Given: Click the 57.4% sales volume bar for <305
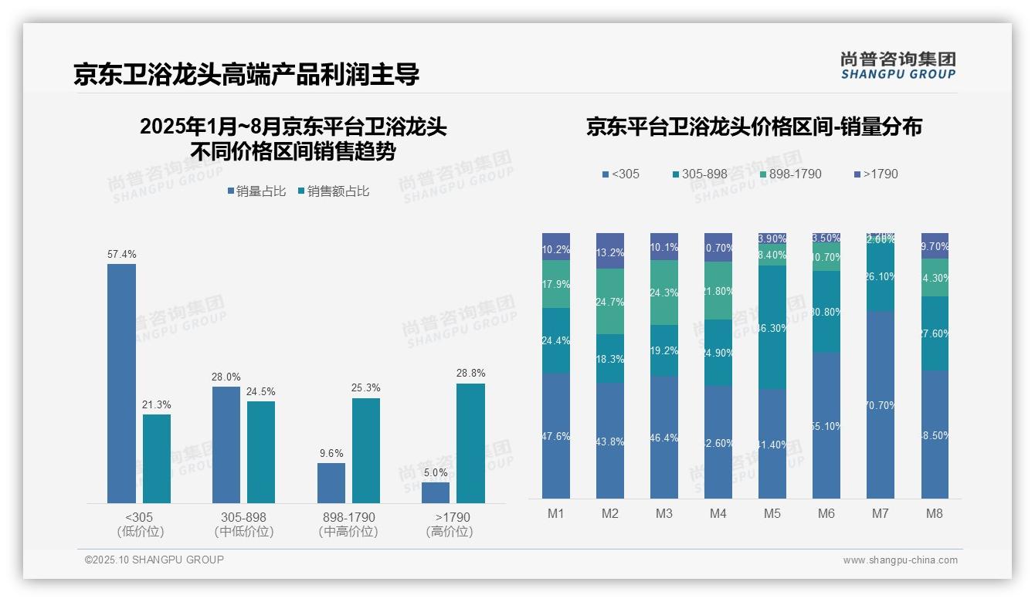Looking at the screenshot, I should point(121,384).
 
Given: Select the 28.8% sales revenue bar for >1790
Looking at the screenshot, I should point(470,443).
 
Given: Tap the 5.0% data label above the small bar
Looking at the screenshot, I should point(436,472).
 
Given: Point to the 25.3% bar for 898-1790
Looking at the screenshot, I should point(366,451).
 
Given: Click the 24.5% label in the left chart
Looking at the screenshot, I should point(261,391).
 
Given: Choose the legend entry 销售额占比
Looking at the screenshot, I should point(333,191).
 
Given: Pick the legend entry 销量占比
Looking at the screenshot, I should point(256,191).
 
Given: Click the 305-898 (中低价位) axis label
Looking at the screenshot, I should point(243,524).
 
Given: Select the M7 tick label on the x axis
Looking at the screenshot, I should point(880,513).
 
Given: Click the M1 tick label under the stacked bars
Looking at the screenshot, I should point(555,513).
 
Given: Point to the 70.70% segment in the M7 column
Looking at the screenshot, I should point(880,404).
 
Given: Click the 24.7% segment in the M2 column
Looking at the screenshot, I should point(609,301).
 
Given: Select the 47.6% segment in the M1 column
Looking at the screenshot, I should point(555,436).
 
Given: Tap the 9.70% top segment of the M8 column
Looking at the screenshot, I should point(934,245).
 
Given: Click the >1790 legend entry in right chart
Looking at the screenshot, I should point(875,174).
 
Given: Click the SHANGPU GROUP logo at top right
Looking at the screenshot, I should point(898,66).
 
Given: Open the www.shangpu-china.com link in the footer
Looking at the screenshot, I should point(900,560).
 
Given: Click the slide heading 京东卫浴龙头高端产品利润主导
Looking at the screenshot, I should point(246,74).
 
